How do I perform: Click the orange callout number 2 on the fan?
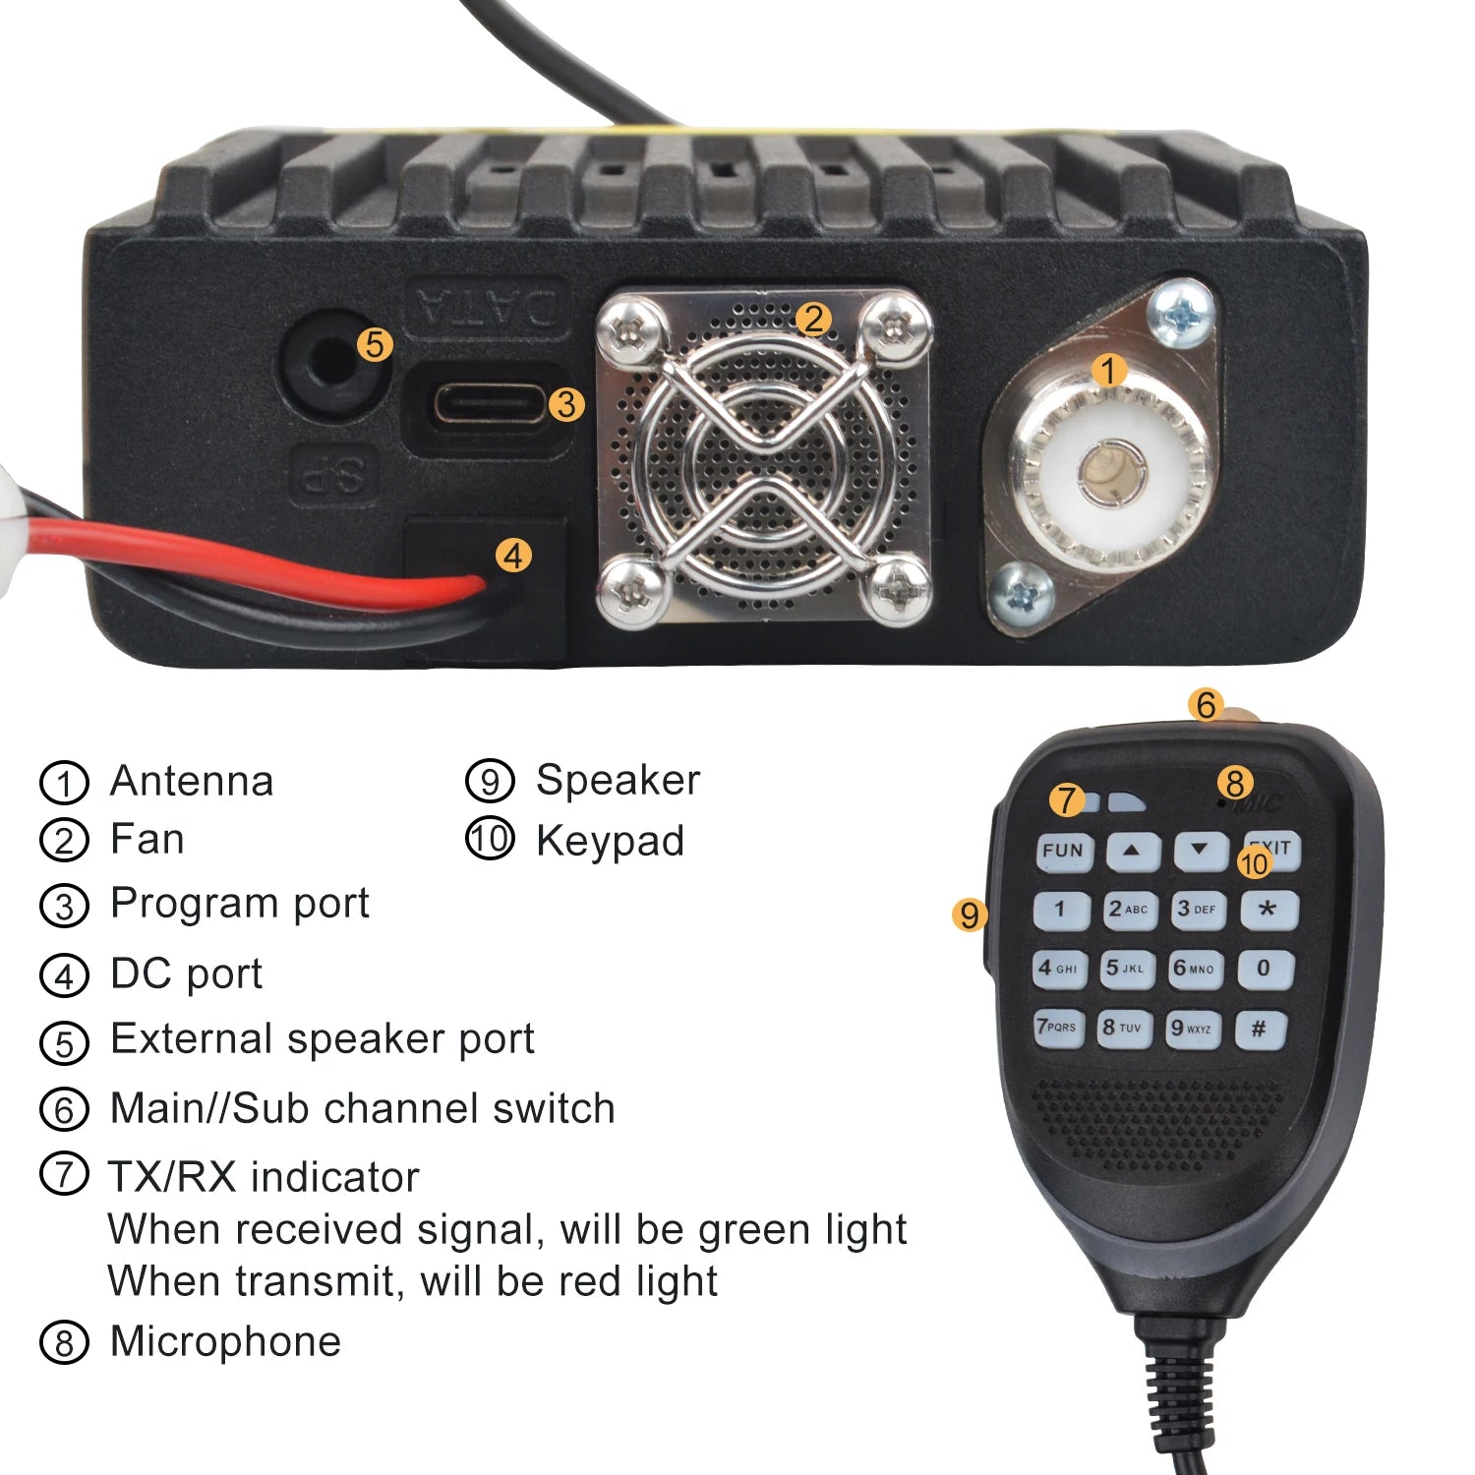click(x=812, y=319)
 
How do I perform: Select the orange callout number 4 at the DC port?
click(x=512, y=556)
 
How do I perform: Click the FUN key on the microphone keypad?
click(x=1063, y=851)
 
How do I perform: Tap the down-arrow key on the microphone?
click(x=1200, y=850)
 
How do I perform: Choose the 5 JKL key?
click(x=1126, y=969)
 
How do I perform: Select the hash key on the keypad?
click(x=1259, y=1030)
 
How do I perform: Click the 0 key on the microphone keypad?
click(x=1264, y=969)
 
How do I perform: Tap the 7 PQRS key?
click(x=1058, y=1028)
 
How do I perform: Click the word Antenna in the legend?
click(x=192, y=781)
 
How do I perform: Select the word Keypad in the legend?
click(x=610, y=842)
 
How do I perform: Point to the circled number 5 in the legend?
click(x=64, y=1042)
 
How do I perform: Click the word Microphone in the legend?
click(x=225, y=1341)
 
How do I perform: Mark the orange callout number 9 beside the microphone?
click(x=970, y=914)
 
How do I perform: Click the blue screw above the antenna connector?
click(x=1184, y=313)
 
